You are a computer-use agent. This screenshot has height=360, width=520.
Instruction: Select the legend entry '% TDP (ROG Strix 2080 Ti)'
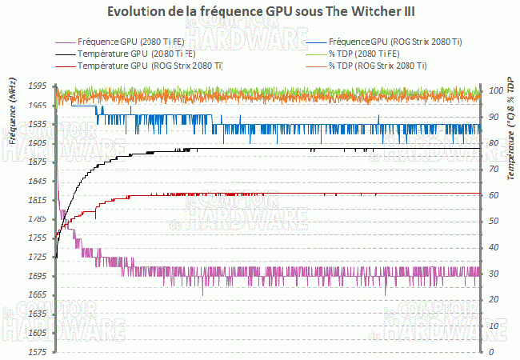point(381,66)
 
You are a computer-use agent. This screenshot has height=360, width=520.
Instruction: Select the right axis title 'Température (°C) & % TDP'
point(509,128)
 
